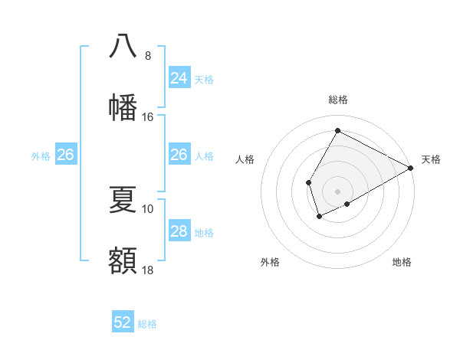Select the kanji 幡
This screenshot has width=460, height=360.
[x=123, y=106]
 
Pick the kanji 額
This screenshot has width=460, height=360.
[x=123, y=260]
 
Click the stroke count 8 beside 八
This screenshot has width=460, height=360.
[x=148, y=55]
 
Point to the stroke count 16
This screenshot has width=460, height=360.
[x=148, y=117]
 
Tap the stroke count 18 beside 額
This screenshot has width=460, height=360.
[x=148, y=270]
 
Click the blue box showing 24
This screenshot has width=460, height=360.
[x=179, y=78]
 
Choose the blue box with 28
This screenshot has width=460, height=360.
[x=179, y=231]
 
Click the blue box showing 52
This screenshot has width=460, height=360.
[x=123, y=322]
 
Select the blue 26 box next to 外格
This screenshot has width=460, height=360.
[x=66, y=155]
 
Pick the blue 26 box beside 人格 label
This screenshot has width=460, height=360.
[x=179, y=155]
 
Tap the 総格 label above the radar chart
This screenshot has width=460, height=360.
[x=337, y=100]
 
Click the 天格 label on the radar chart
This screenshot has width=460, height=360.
[x=431, y=159]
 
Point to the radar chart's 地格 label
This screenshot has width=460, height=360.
[x=402, y=262]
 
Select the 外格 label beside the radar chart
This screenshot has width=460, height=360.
[x=270, y=262]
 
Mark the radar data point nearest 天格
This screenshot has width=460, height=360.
[x=410, y=168]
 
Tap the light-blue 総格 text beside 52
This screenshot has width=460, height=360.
[x=147, y=324]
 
